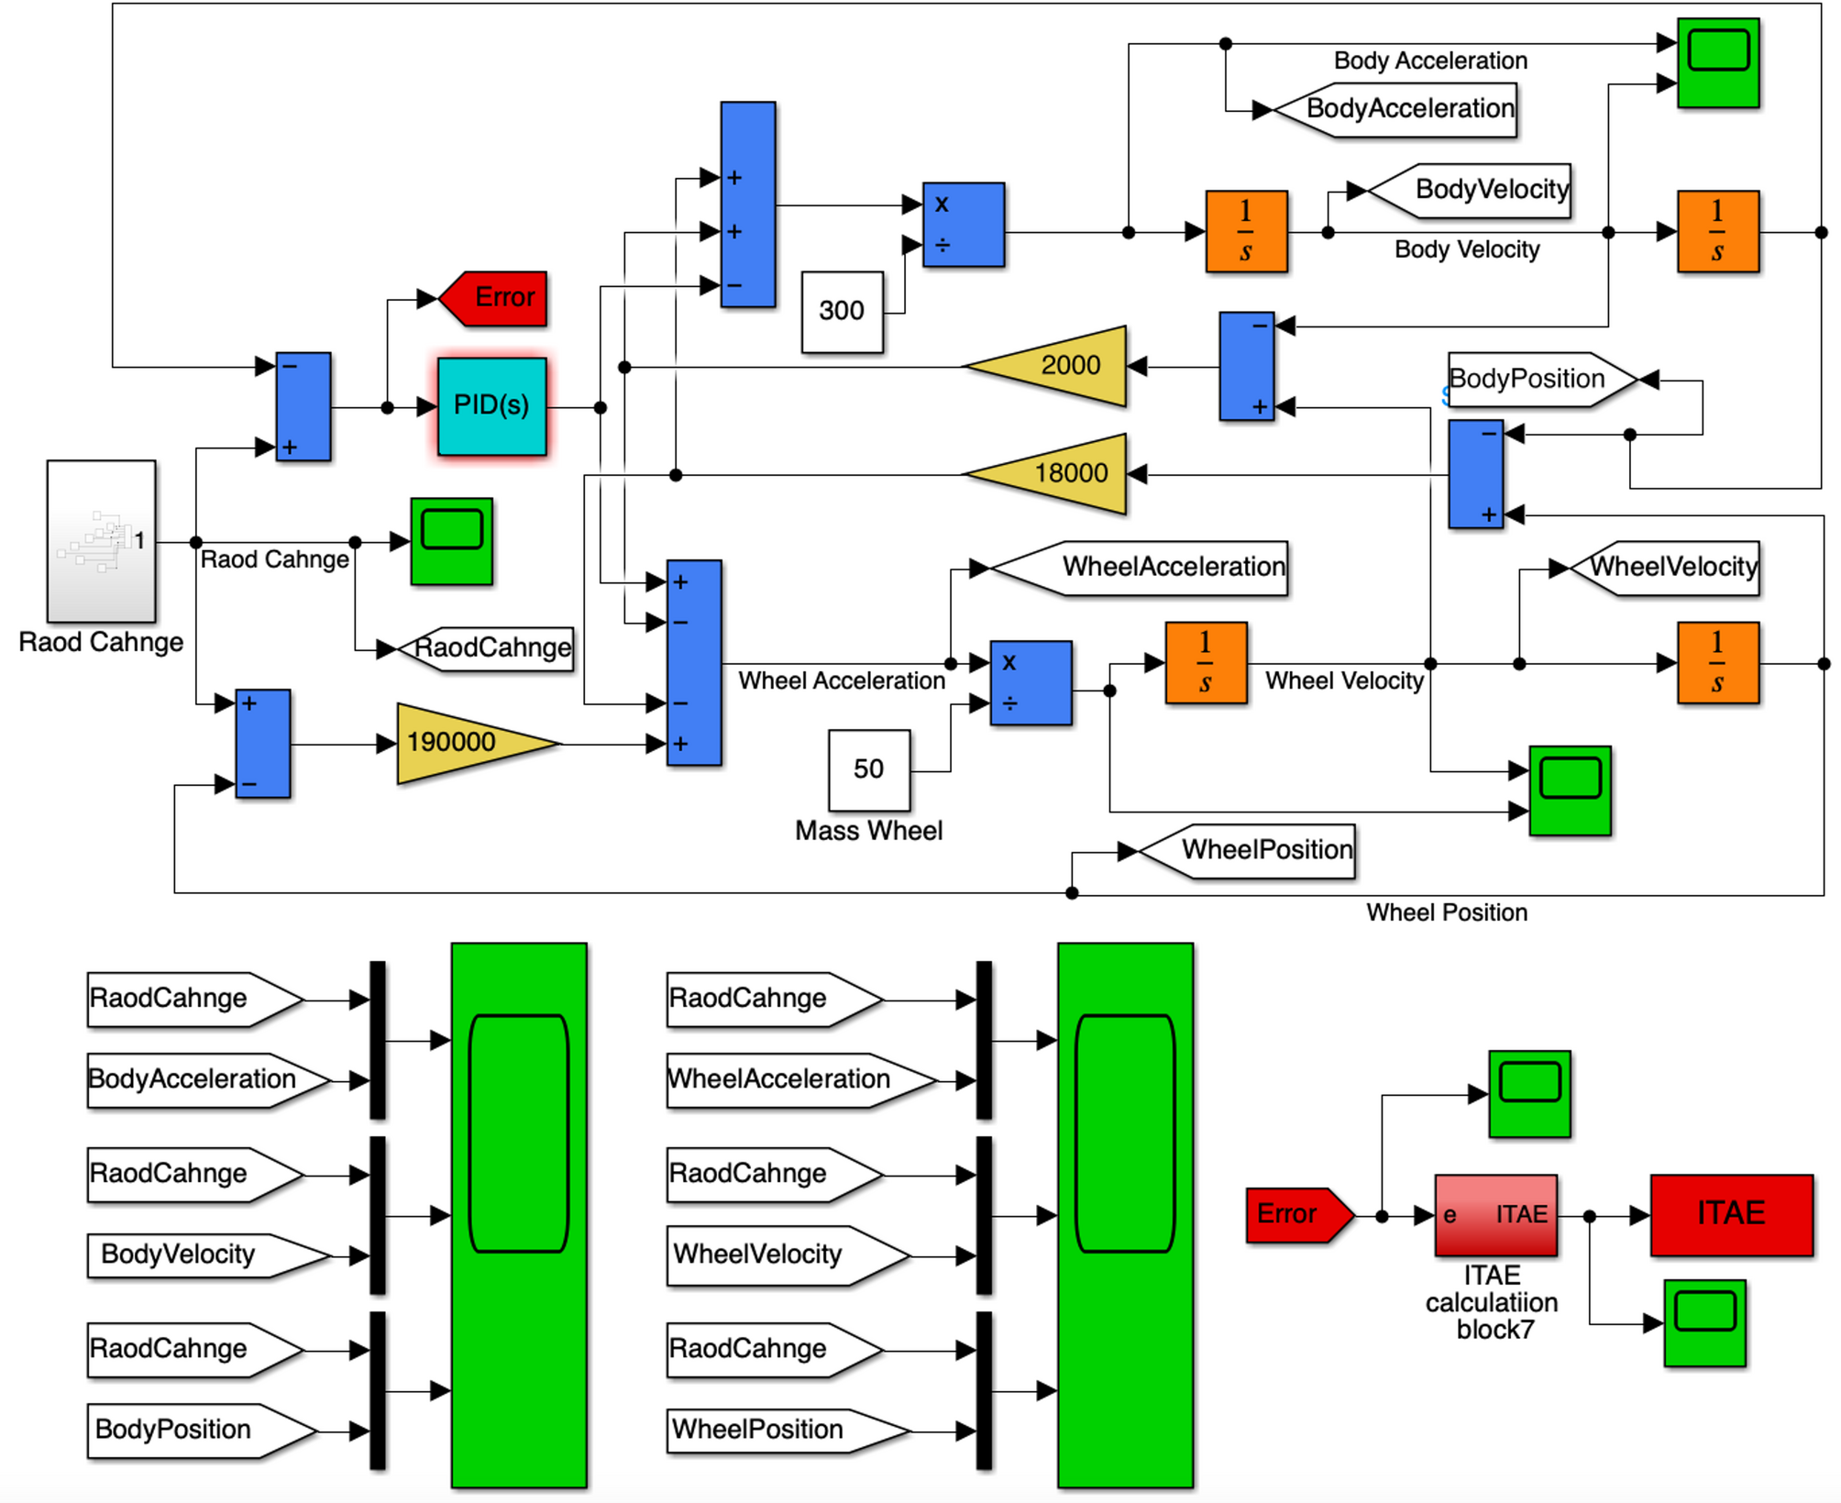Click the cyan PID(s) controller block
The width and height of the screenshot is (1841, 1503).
click(x=491, y=406)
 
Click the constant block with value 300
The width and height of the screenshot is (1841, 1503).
click(x=842, y=312)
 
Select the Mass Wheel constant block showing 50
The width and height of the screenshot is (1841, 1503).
click(x=868, y=769)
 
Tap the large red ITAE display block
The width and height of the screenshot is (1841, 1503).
click(x=1731, y=1214)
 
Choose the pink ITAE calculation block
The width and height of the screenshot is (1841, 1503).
click(x=1495, y=1215)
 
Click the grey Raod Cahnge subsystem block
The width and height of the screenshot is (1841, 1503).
click(x=101, y=541)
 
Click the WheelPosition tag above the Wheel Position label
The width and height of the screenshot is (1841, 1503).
click(x=1256, y=850)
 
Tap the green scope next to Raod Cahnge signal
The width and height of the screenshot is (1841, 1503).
click(x=451, y=541)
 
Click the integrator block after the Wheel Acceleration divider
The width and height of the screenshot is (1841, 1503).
click(x=1205, y=662)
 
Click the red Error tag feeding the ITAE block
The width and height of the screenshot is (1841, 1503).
click(x=1293, y=1215)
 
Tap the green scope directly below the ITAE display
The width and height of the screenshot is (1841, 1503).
click(x=1703, y=1322)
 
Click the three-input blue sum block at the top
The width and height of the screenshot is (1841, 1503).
click(x=747, y=204)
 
